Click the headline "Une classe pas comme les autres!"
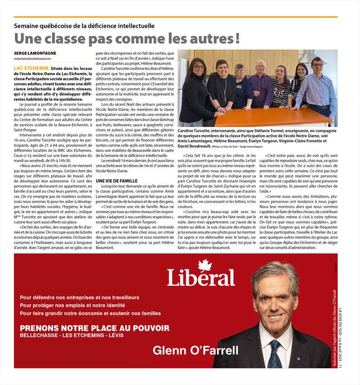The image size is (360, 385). point(127,38)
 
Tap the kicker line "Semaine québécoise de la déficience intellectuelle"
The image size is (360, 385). point(84,25)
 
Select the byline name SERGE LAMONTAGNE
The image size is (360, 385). point(35,53)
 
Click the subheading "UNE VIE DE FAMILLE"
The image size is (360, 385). point(117,182)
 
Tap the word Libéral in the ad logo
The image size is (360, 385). point(201,278)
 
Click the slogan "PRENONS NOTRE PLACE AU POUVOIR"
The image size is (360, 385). point(94,328)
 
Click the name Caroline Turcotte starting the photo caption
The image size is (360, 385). point(196,130)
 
